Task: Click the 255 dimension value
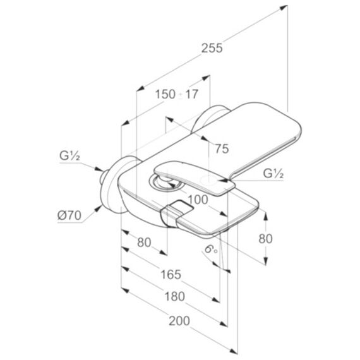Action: (212, 48)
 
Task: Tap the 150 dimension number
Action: (165, 94)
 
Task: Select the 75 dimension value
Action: (222, 149)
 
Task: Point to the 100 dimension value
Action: (198, 200)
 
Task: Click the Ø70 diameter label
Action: (69, 215)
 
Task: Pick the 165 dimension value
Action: (171, 274)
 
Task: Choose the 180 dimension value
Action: (175, 296)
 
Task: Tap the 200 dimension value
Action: (179, 321)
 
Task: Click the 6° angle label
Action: (211, 249)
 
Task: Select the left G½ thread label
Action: (69, 156)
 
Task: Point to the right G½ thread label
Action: (273, 174)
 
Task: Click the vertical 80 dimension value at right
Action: (265, 239)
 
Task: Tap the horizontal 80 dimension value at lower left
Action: (144, 243)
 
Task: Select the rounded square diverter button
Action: (181, 207)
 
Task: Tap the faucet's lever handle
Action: (195, 177)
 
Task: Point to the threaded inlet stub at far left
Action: (104, 176)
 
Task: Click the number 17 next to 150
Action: (191, 94)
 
